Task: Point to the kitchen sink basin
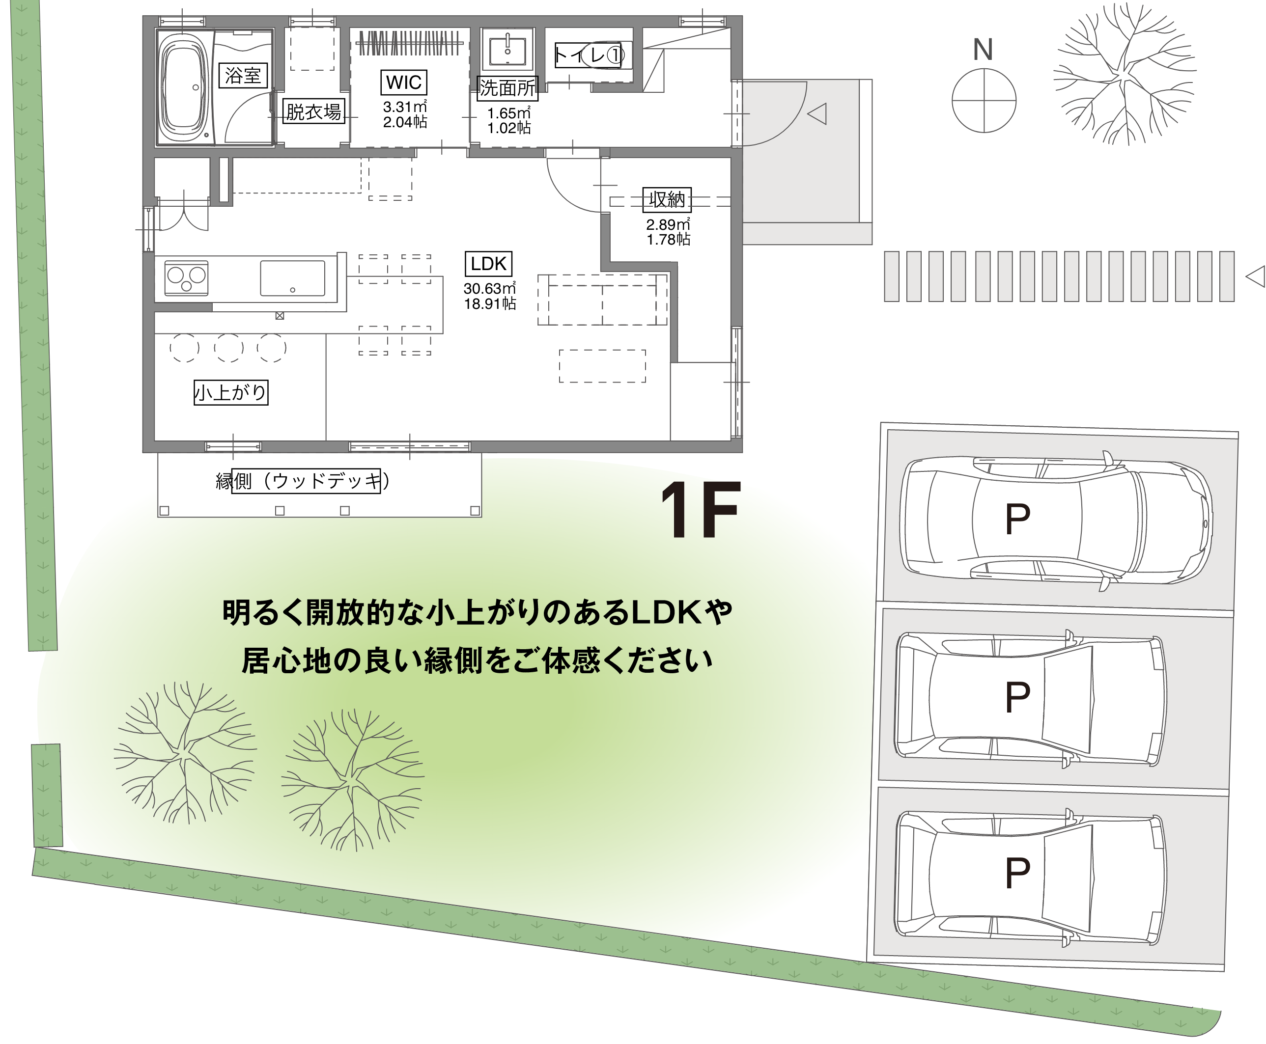point(292,278)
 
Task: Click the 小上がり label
point(230,393)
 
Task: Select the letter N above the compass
point(983,50)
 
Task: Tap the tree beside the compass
point(1124,75)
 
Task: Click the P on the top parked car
point(1017,519)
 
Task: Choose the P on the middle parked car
point(1017,697)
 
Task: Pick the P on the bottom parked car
point(1017,873)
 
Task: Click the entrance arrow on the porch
point(818,113)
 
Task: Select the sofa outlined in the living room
point(602,300)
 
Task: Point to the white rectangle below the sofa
point(602,366)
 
